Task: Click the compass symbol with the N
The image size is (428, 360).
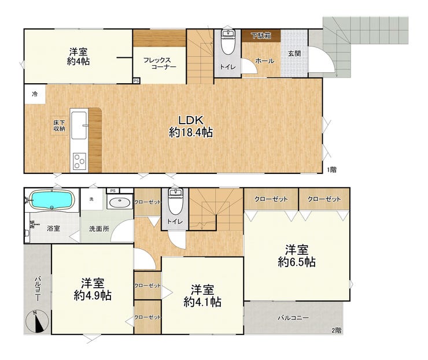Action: click(38, 322)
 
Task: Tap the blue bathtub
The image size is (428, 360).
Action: click(52, 200)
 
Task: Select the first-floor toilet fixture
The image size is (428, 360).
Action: click(227, 43)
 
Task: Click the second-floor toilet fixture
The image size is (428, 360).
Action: click(175, 202)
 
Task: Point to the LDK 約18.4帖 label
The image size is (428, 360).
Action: click(191, 127)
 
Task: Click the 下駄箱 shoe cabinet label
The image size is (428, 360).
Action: click(261, 35)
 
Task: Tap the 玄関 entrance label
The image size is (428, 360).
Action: click(294, 54)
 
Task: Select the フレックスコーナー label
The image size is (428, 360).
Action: click(160, 64)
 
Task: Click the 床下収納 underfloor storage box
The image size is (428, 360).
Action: click(59, 125)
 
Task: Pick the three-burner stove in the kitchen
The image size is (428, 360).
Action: click(79, 161)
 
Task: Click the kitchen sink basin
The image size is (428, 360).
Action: click(79, 125)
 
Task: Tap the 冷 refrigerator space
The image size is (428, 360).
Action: click(35, 94)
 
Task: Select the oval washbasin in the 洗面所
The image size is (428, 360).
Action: click(120, 202)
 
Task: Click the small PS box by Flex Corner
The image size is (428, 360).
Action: click(136, 81)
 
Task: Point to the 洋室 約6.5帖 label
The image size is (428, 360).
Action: click(297, 256)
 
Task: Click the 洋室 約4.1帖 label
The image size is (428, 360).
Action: click(202, 296)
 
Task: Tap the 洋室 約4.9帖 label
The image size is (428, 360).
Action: click(93, 290)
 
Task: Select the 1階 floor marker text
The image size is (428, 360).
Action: click(332, 170)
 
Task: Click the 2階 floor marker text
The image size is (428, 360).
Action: click(337, 331)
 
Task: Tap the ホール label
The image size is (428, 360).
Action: click(265, 61)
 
